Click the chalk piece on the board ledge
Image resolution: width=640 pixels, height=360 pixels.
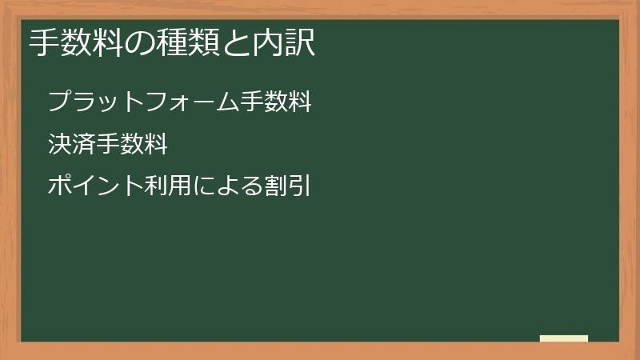[x=564, y=338]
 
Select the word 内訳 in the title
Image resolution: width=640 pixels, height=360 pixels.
[x=284, y=42]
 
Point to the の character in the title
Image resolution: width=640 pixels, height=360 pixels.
[x=140, y=43]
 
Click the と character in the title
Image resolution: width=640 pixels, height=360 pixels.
[x=236, y=43]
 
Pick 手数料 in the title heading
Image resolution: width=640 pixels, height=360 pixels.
[x=76, y=42]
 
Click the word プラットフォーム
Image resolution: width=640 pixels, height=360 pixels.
[x=143, y=102]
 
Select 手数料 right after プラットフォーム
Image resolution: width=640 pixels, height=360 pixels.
[x=276, y=102]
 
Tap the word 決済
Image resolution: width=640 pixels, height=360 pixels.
[x=72, y=144]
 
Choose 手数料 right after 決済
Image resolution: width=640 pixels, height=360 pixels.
[x=132, y=144]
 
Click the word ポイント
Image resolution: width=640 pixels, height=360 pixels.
[x=95, y=186]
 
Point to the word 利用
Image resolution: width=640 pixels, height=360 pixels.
[x=168, y=186]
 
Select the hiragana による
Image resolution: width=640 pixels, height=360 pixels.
[x=227, y=186]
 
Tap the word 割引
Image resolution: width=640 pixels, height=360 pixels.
[x=287, y=186]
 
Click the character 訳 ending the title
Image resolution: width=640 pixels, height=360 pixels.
[x=300, y=42]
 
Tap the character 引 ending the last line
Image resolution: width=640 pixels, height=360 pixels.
[x=300, y=186]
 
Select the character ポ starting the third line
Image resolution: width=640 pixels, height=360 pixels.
[x=60, y=186]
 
